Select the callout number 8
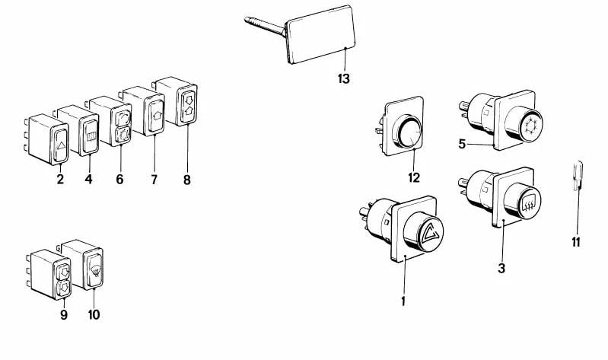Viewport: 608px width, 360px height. (x=186, y=180)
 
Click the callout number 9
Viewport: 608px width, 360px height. (x=64, y=314)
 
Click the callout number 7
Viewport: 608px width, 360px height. (x=154, y=180)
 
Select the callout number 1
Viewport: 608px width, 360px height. (x=403, y=301)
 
